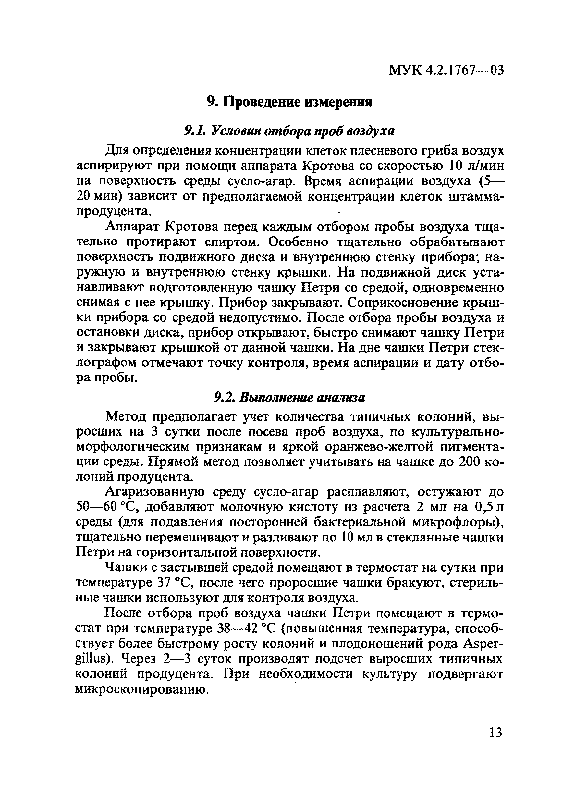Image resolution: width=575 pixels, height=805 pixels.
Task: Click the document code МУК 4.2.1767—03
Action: click(446, 70)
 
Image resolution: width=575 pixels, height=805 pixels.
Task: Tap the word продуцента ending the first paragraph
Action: click(114, 211)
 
